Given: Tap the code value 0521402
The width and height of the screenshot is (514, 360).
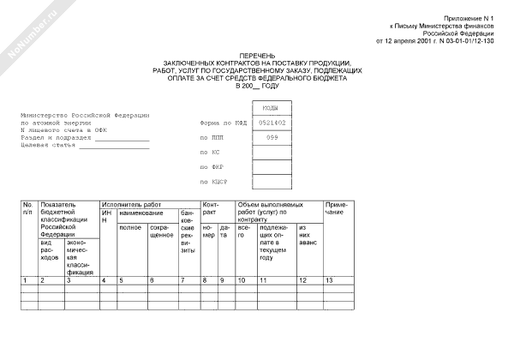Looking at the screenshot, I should (272, 123).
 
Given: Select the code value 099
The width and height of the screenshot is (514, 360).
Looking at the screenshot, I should (272, 137).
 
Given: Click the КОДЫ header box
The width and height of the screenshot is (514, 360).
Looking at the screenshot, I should (272, 108).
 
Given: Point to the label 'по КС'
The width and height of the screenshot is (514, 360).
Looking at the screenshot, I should (207, 152).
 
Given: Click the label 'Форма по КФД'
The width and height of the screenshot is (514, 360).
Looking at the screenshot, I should (221, 123).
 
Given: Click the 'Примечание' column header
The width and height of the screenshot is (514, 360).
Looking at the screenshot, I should (335, 208).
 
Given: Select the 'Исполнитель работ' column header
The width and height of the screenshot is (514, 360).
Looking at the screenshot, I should (131, 205).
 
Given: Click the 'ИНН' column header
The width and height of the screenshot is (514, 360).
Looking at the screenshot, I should (105, 216).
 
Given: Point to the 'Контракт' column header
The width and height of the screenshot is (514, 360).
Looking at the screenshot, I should (211, 208).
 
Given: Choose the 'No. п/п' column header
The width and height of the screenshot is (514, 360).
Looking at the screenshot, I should (27, 208).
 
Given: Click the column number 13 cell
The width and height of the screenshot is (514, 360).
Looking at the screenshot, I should (330, 280).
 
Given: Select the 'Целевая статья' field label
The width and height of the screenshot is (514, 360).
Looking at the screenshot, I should (47, 147).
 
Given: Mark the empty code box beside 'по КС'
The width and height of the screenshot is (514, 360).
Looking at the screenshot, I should (272, 152).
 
